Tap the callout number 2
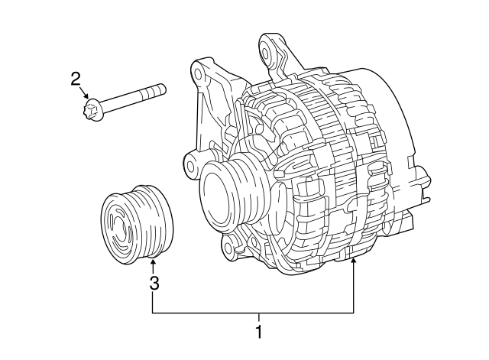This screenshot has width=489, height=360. [76, 78]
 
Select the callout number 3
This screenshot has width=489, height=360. [154, 284]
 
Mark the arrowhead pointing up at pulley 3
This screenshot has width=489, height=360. [153, 264]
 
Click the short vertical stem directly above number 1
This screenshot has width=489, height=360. [258, 317]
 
